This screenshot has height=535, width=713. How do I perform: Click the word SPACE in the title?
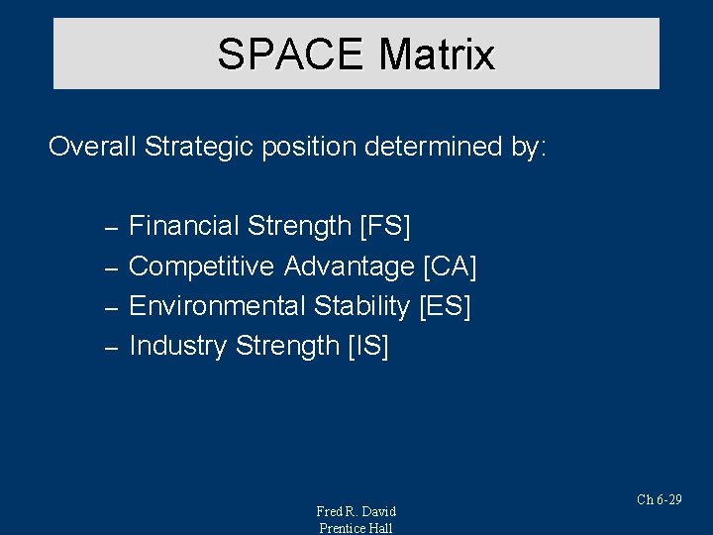coord(291,53)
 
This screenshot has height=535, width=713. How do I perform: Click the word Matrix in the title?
coord(436,53)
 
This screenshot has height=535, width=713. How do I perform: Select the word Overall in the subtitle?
coord(92,147)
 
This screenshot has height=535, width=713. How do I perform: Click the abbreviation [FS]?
coord(385,227)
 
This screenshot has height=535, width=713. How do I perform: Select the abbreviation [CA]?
coord(450,267)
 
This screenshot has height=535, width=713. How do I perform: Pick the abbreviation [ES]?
coord(445,306)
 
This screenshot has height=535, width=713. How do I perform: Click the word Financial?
coord(185,226)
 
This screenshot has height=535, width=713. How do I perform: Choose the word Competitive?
coord(203,267)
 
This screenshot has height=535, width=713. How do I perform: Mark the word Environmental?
coord(218,306)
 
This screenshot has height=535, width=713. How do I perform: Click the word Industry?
coord(178,346)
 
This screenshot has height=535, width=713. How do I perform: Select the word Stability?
coord(361,306)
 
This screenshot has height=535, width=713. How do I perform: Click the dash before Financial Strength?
coord(112,228)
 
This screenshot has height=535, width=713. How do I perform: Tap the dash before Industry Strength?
coord(112,347)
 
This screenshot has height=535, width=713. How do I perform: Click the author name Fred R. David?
coord(356,511)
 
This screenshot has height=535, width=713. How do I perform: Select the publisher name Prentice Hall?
coord(356,528)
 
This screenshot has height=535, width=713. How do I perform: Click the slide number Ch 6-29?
coord(659,500)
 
